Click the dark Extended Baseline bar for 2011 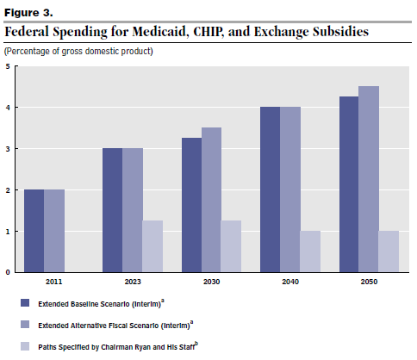point(34,231)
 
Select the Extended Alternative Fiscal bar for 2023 point(133,210)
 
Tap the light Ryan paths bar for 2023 point(152,246)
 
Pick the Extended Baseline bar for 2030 point(191,205)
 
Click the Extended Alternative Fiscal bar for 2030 point(211,200)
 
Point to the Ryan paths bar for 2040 point(310,251)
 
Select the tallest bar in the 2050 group point(369,179)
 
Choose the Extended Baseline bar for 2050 point(349,184)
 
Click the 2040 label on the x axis point(290,282)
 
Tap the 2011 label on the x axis point(54,282)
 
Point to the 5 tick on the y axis point(8,66)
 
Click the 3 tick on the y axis point(8,149)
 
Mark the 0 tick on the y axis point(8,272)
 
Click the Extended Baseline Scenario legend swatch point(25,303)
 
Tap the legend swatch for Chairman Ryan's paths point(25,346)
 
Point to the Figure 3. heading point(28,13)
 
